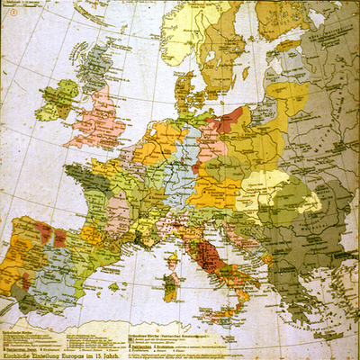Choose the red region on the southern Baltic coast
tap(229, 118)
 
